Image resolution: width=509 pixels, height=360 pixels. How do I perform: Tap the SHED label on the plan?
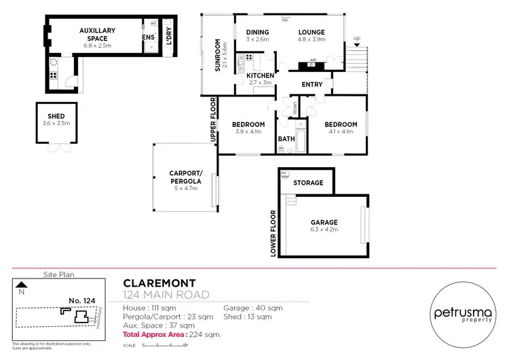56,116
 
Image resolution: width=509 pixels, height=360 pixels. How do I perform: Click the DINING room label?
257,32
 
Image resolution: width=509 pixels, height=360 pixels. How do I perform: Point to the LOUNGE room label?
311,32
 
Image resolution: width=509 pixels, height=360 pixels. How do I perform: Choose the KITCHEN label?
260,75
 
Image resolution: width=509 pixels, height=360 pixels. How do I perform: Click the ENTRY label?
312,84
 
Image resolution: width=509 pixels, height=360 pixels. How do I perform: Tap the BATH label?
286,139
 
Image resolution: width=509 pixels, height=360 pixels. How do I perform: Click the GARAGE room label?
324,222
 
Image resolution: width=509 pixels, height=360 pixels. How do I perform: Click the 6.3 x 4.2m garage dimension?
324,230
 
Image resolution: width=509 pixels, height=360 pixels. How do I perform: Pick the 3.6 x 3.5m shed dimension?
56,124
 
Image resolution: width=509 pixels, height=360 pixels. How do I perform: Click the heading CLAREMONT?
160,283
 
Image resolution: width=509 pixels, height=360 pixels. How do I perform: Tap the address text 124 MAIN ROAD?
166,295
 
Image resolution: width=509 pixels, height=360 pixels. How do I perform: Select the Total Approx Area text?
172,335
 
